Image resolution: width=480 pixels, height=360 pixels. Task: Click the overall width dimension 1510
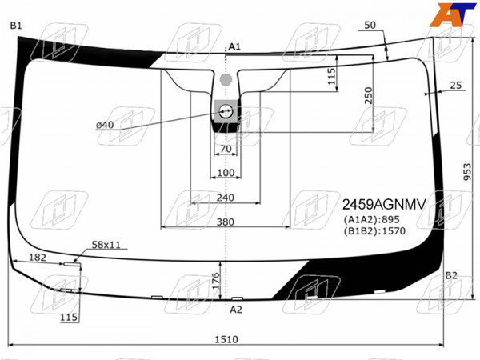click(x=226, y=339)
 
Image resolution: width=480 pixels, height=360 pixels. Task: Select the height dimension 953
click(x=467, y=172)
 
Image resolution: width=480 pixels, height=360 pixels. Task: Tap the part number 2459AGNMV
click(x=384, y=205)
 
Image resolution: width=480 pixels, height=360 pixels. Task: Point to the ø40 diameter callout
click(x=105, y=125)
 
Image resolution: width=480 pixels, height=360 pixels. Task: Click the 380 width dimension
click(x=226, y=222)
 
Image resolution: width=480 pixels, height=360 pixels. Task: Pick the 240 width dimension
click(x=226, y=198)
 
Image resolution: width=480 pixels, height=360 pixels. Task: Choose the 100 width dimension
click(x=226, y=173)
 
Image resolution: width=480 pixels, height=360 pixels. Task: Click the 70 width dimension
click(x=226, y=149)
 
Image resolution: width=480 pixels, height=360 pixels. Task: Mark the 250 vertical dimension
click(x=369, y=95)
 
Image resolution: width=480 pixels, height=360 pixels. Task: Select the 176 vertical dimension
click(x=216, y=281)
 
